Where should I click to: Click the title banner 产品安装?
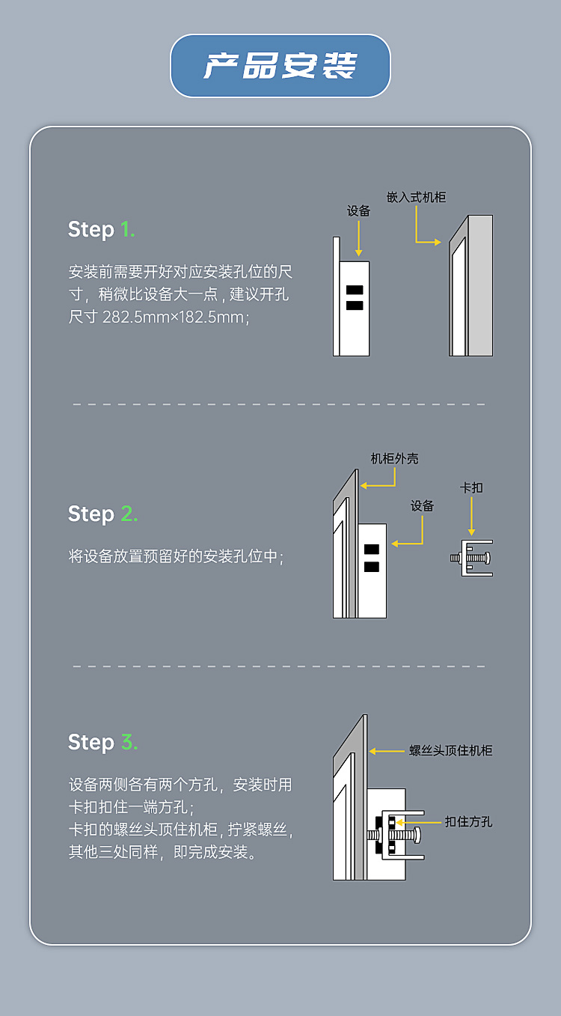pos(280,66)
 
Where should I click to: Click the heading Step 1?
pos(101,229)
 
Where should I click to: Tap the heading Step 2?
pos(102,514)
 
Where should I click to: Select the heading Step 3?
pos(102,742)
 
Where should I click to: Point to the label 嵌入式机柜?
pos(416,197)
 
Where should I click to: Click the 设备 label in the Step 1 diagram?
pos(358,211)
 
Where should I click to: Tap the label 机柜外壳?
pos(394,458)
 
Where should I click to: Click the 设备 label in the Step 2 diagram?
pos(422,506)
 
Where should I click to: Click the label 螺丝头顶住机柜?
pos(450,750)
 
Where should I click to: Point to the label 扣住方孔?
pos(468,821)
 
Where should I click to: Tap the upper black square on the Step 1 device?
pos(355,290)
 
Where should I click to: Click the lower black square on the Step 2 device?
pos(372,567)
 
